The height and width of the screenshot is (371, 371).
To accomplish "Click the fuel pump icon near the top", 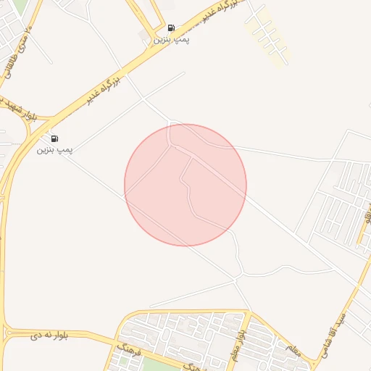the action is coord(171,28).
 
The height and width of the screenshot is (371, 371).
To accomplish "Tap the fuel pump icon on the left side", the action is coord(55,138).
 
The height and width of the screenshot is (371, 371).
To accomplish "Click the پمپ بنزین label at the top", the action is coord(171,39).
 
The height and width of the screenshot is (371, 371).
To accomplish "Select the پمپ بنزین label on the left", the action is coord(55,149).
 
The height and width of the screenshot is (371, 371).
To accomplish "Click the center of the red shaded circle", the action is coord(185,185).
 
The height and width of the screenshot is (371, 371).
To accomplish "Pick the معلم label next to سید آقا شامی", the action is coord(293,349).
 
